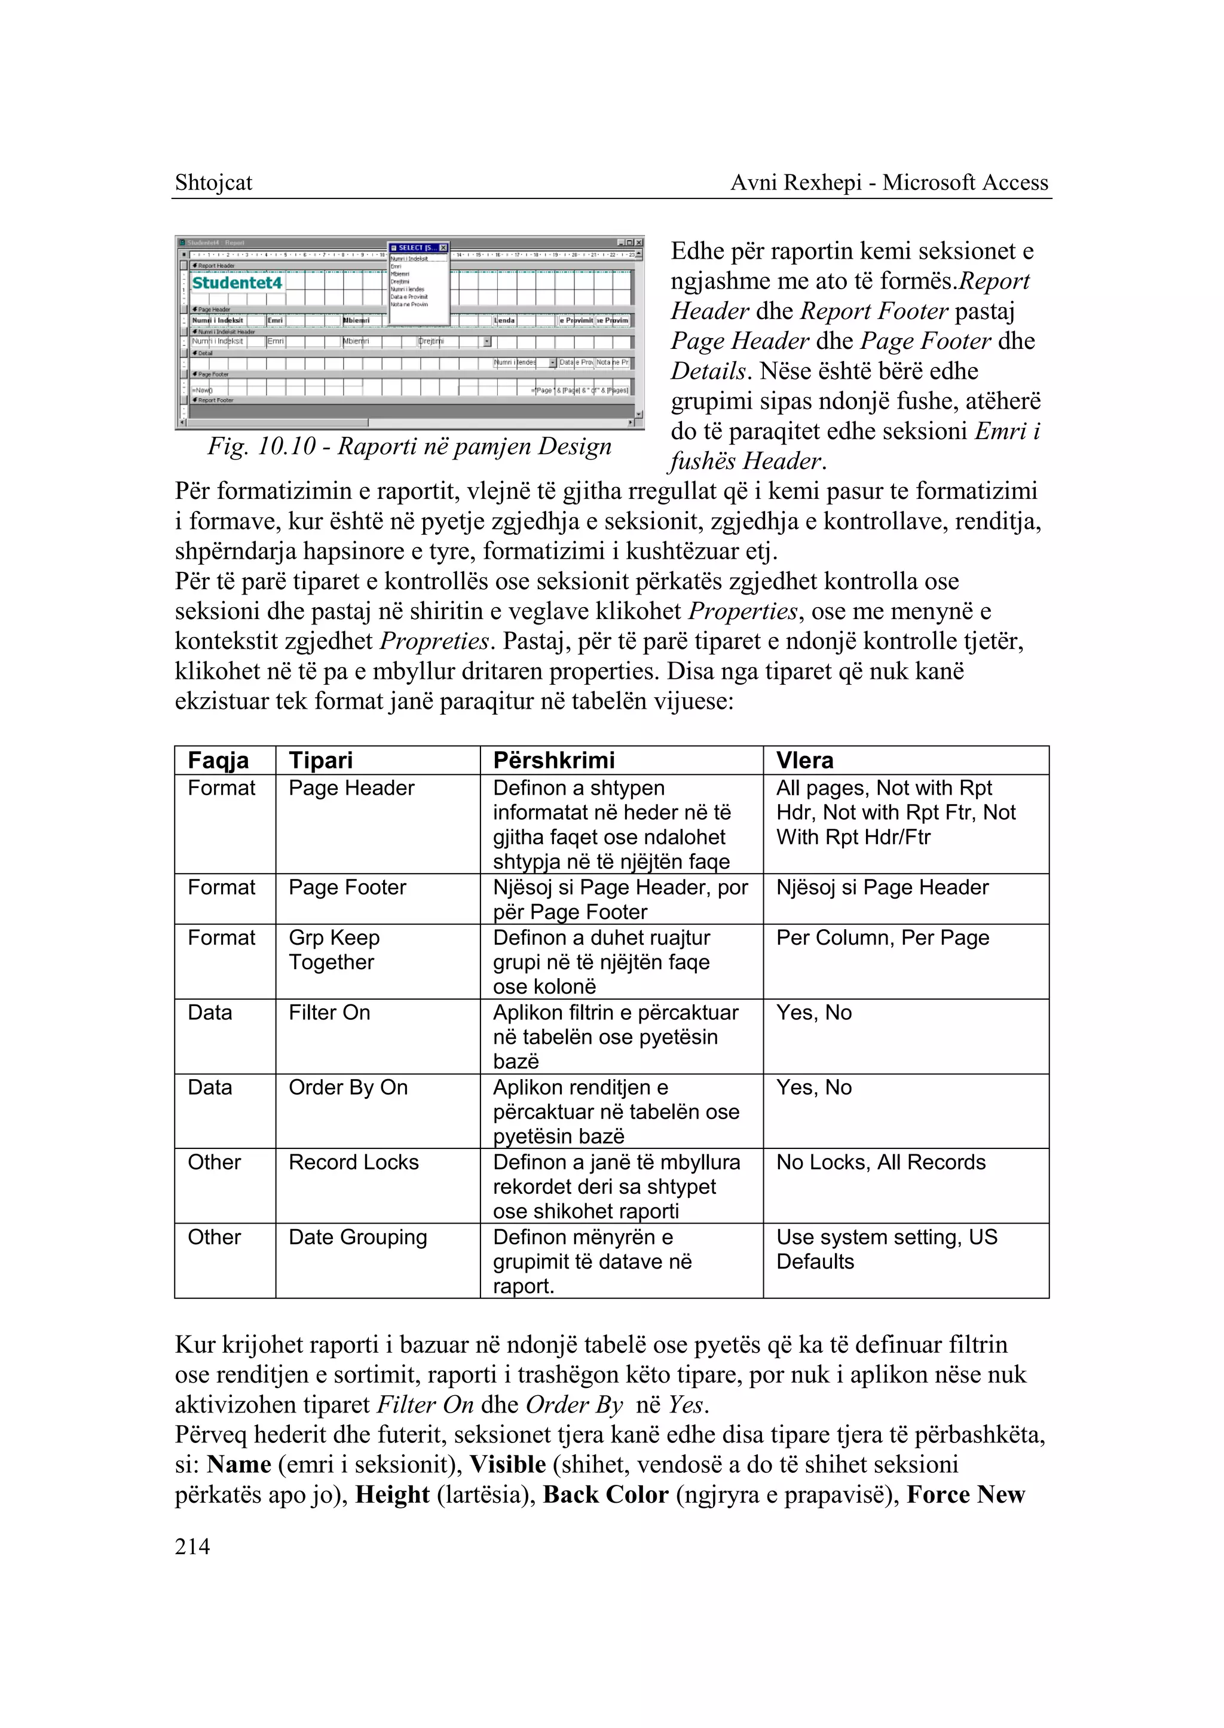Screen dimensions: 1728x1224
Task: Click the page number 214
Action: [x=192, y=1546]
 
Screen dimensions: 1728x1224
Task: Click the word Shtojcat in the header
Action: [x=213, y=182]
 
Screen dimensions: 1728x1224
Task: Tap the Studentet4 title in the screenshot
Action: [x=237, y=283]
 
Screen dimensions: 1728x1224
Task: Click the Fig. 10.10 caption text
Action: [x=409, y=446]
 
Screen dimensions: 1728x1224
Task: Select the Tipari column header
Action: [x=320, y=761]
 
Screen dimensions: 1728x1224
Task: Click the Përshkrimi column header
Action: [x=553, y=761]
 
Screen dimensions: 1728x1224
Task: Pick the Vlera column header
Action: [x=804, y=761]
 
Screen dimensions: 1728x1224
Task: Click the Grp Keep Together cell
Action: [x=334, y=949]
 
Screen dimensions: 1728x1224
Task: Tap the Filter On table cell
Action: [x=329, y=1012]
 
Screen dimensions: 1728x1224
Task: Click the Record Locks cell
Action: [x=353, y=1162]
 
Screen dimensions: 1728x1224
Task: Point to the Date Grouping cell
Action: [x=357, y=1237]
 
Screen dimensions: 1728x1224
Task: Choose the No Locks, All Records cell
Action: [x=880, y=1162]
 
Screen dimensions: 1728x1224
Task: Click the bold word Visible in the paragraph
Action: [x=507, y=1464]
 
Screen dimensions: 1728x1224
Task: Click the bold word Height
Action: [x=392, y=1494]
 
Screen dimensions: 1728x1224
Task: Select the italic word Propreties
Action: [x=435, y=641]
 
